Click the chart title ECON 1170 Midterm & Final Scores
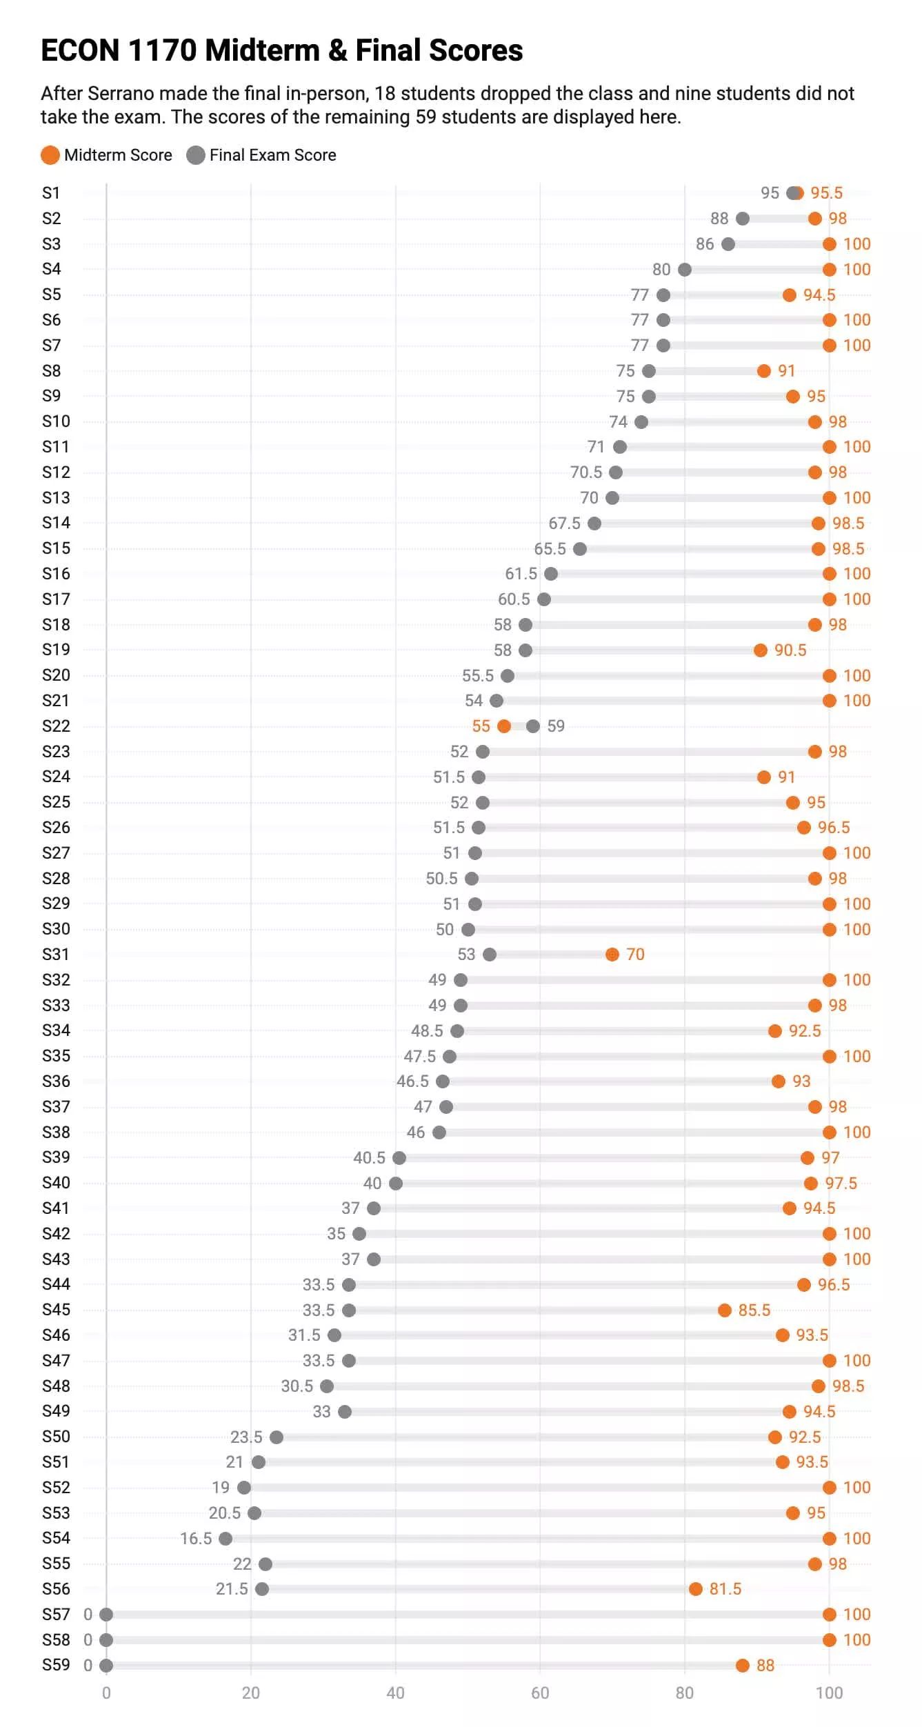tap(281, 50)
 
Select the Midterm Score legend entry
tap(106, 155)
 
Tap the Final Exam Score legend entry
tap(261, 155)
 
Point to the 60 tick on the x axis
tap(540, 1693)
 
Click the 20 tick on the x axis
tap(251, 1693)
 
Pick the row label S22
tap(56, 726)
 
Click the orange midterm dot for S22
tap(504, 726)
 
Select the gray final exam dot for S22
tap(533, 726)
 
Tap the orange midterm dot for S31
tap(612, 954)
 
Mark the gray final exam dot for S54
tap(226, 1538)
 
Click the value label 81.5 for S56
tap(725, 1588)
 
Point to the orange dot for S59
tap(743, 1665)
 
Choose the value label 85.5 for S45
tap(754, 1310)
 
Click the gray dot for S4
tap(685, 269)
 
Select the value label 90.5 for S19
tap(790, 650)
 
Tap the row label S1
tap(51, 192)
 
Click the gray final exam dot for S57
tap(106, 1614)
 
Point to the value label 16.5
tap(196, 1538)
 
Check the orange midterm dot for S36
tap(779, 1081)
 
